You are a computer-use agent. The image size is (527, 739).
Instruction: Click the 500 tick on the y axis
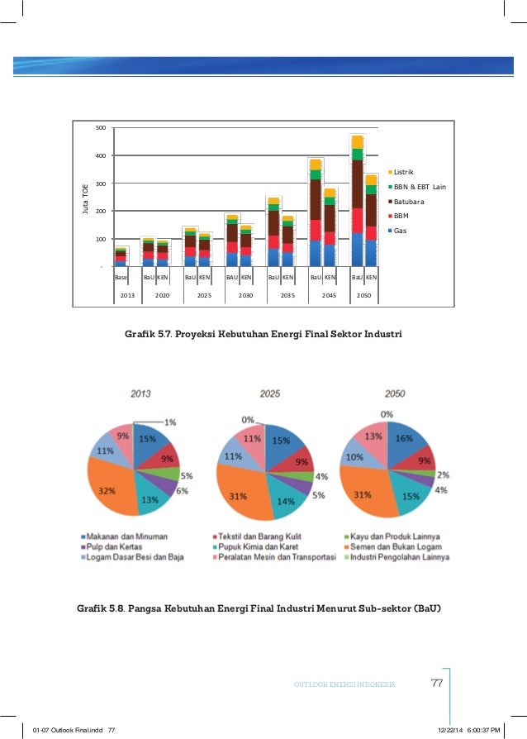[100, 128]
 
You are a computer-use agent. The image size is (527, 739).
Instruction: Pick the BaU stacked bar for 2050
[357, 201]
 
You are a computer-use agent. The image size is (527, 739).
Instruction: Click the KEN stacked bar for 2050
[372, 221]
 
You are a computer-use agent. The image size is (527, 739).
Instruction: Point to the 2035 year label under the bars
[287, 295]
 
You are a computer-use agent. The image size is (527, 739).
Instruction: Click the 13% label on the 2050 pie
[374, 436]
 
